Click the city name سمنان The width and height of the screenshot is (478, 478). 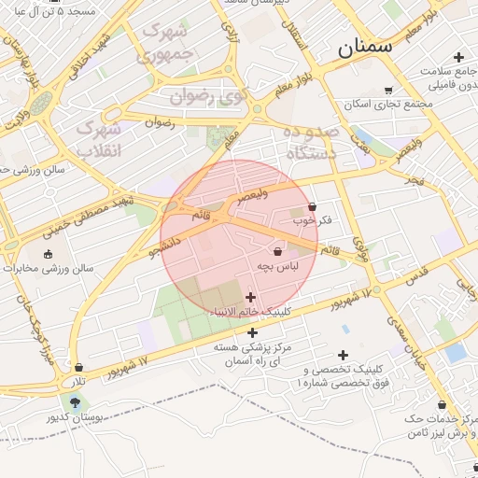[366, 45]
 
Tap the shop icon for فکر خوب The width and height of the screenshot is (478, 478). [312, 207]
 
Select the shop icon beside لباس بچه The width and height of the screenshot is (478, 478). [277, 251]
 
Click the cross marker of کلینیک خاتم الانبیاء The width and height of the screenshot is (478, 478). [250, 297]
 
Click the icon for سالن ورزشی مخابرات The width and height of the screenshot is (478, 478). [48, 253]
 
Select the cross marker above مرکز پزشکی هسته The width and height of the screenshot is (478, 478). [252, 332]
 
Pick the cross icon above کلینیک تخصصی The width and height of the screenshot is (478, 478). [344, 355]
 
